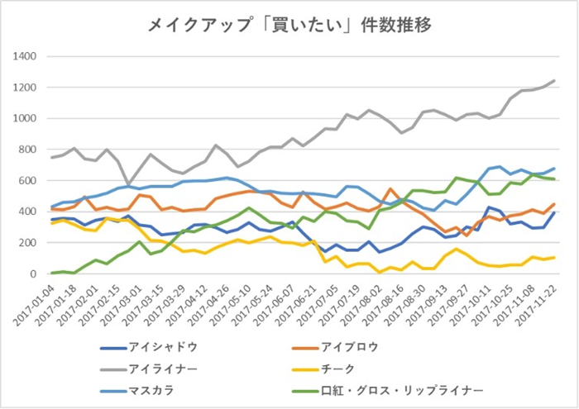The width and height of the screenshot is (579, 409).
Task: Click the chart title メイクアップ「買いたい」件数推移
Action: coord(289,24)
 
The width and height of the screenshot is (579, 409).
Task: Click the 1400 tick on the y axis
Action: coord(26,57)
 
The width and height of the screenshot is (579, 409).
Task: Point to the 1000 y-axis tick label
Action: coord(26,119)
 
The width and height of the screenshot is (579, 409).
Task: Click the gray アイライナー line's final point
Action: coord(553,81)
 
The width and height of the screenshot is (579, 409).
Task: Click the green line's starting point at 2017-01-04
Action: coord(52,273)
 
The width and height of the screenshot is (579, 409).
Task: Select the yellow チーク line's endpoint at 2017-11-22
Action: coord(553,257)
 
